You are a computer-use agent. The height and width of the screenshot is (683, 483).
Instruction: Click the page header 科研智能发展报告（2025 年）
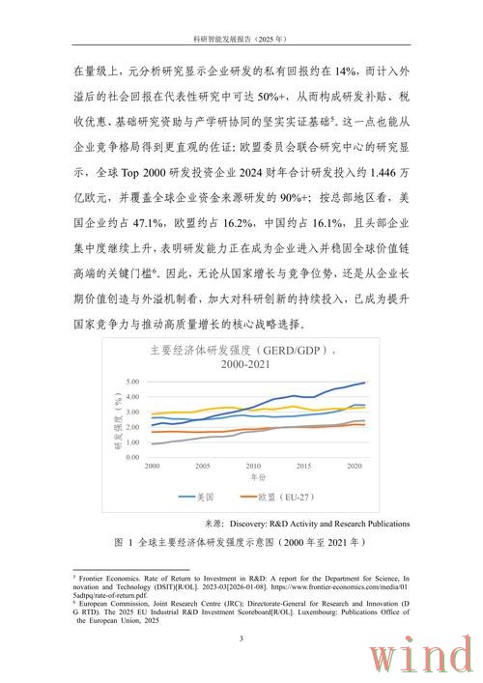[241, 39]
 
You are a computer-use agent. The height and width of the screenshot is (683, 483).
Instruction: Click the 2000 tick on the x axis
[152, 466]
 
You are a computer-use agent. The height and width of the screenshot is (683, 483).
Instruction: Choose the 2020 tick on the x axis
[353, 466]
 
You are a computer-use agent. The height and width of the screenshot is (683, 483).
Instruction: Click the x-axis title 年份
[256, 477]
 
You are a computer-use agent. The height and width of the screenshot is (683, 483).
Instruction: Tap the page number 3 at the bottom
[241, 639]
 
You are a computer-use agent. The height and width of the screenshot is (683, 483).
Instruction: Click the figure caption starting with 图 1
[241, 543]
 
